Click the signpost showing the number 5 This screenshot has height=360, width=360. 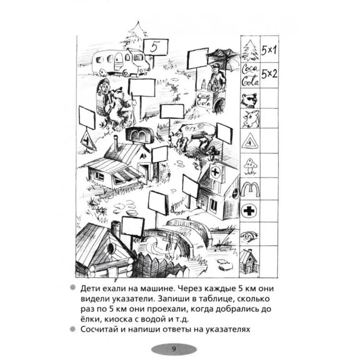pyautogui.click(x=156, y=47)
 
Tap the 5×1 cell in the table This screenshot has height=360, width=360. pyautogui.click(x=269, y=50)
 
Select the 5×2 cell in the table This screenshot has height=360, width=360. pyautogui.click(x=269, y=74)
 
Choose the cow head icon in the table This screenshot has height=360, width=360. pyautogui.click(x=251, y=119)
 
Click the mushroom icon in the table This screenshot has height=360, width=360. pyautogui.click(x=251, y=166)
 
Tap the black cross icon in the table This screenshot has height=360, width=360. pyautogui.click(x=249, y=211)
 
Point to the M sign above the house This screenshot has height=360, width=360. pyautogui.click(x=139, y=135)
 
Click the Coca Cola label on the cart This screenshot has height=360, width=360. pyautogui.click(x=204, y=99)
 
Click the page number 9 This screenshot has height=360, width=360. pyautogui.click(x=174, y=349)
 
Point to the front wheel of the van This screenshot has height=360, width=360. pyautogui.click(x=126, y=73)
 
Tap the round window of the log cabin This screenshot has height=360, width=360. pyautogui.click(x=110, y=248)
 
